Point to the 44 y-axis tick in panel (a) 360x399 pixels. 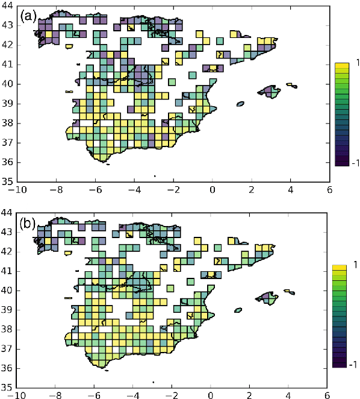8,5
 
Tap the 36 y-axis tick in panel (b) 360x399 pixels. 8,368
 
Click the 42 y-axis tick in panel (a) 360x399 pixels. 8,45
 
